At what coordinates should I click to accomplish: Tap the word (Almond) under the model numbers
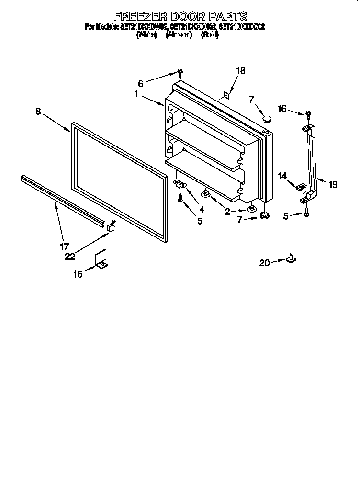pyautogui.click(x=179, y=35)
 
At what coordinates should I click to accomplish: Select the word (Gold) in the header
pyautogui.click(x=210, y=35)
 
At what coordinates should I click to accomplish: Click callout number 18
pyautogui.click(x=240, y=70)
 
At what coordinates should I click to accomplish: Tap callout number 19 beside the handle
pyautogui.click(x=333, y=183)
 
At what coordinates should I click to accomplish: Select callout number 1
pyautogui.click(x=137, y=95)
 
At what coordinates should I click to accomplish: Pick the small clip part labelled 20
pyautogui.click(x=290, y=259)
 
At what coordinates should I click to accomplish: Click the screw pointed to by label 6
pyautogui.click(x=180, y=73)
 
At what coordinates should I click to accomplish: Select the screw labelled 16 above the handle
pyautogui.click(x=308, y=114)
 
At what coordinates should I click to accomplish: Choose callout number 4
pyautogui.click(x=202, y=209)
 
